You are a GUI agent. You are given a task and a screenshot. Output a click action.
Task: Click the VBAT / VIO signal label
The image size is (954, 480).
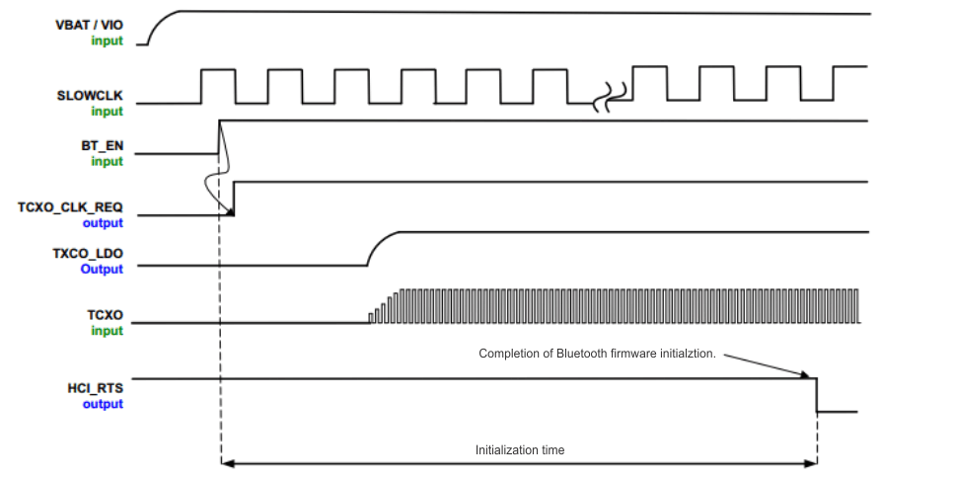tap(90, 24)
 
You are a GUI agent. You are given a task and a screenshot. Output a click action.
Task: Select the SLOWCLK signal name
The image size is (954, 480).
tap(91, 96)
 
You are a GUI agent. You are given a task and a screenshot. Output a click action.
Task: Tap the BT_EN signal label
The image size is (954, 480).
tap(102, 145)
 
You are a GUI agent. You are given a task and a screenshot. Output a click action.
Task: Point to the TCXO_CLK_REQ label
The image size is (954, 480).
tap(70, 207)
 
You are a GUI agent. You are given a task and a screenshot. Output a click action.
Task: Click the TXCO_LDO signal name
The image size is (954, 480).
tap(88, 254)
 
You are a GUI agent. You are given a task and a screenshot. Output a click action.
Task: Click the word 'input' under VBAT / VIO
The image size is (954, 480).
tap(108, 40)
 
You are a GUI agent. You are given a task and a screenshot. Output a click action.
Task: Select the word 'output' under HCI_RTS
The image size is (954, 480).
tap(103, 404)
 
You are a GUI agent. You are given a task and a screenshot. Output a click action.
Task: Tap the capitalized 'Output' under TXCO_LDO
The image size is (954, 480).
tap(102, 270)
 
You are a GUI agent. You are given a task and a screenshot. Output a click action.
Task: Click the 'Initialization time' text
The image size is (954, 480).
tap(520, 450)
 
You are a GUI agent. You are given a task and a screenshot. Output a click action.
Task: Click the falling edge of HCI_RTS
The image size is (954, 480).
tap(816, 395)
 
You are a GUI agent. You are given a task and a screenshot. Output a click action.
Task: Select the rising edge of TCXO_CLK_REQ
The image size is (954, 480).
tap(234, 198)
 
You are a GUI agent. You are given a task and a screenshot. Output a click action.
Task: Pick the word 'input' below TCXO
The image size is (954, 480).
tap(108, 331)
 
